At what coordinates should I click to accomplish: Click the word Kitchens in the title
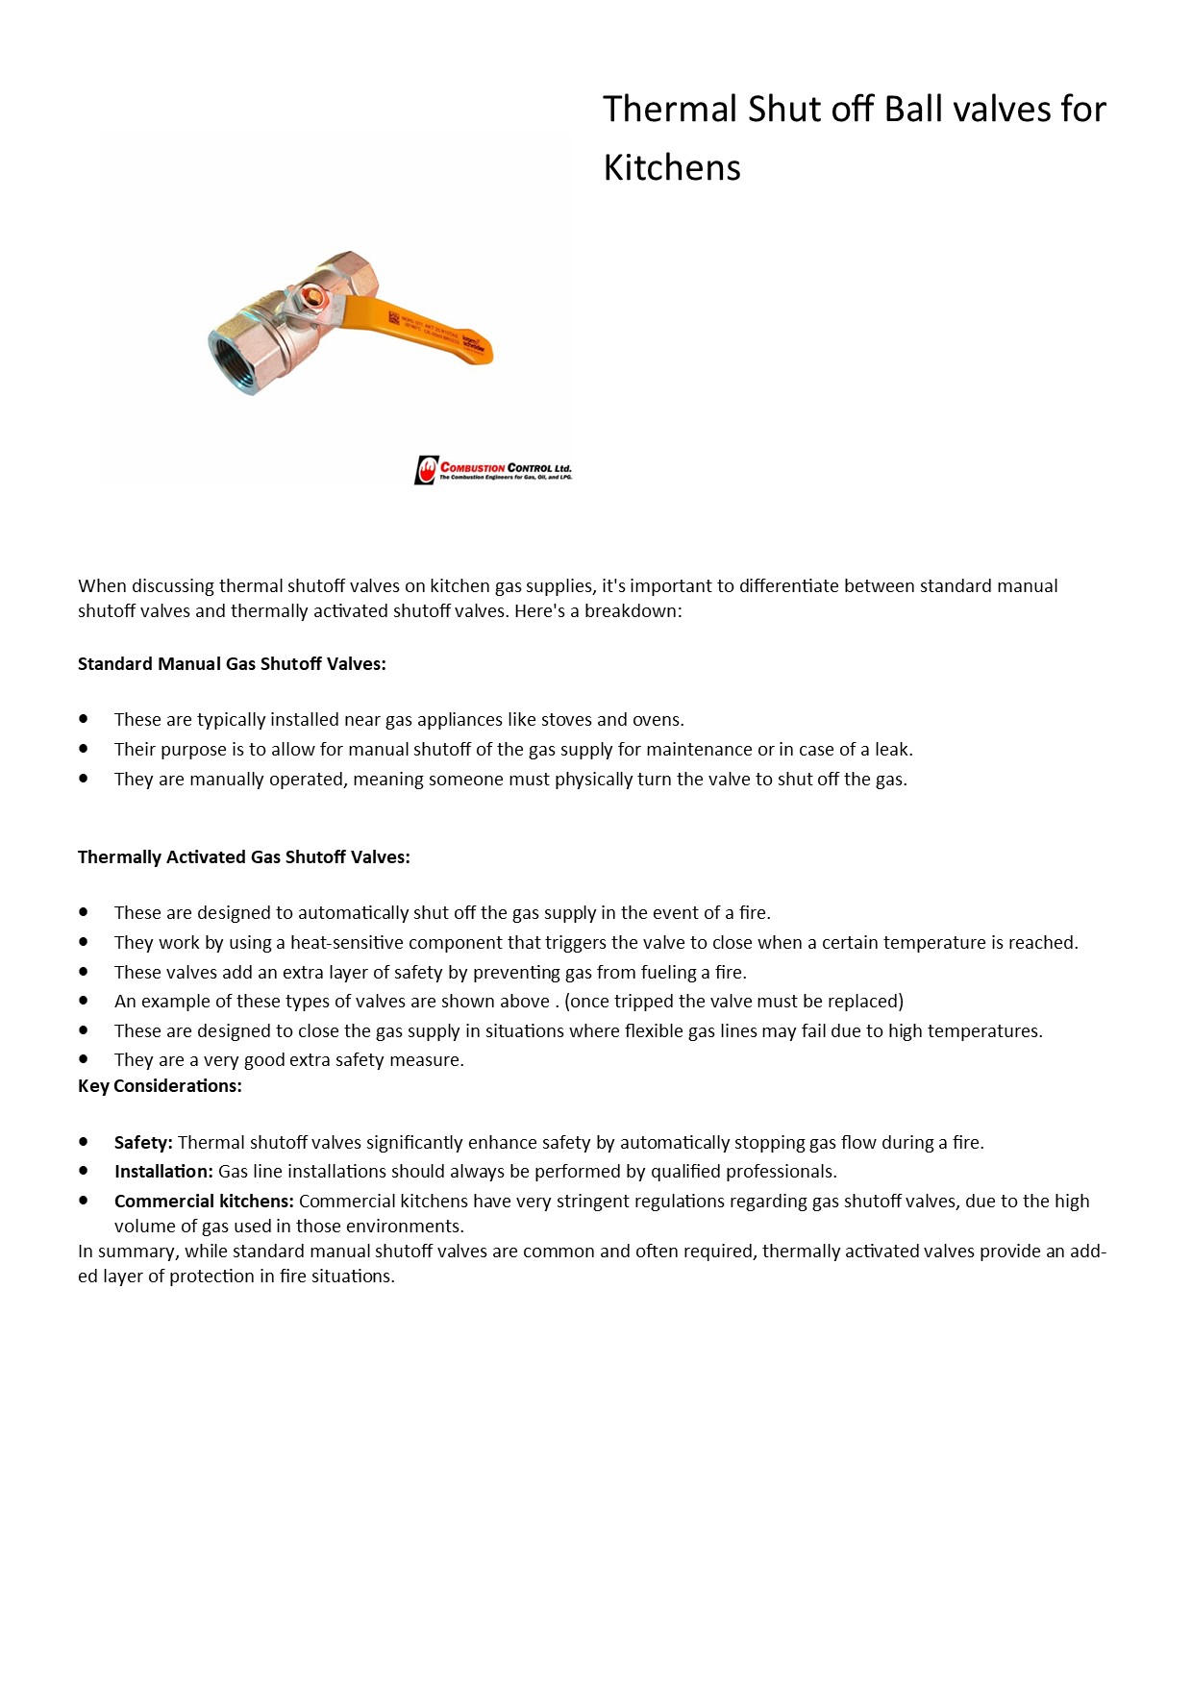pos(672,168)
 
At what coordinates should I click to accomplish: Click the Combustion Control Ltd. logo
pos(493,470)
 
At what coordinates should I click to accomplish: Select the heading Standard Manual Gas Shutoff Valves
pos(232,664)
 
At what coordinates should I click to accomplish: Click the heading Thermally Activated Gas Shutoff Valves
pos(244,857)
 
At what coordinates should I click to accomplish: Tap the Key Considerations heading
pos(160,1086)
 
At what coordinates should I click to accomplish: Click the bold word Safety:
pos(143,1143)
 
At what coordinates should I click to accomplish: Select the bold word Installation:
pos(163,1172)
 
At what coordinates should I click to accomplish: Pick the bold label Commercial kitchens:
pos(204,1202)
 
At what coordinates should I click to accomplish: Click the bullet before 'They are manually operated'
pos(85,779)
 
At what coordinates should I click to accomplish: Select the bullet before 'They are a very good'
pos(85,1059)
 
